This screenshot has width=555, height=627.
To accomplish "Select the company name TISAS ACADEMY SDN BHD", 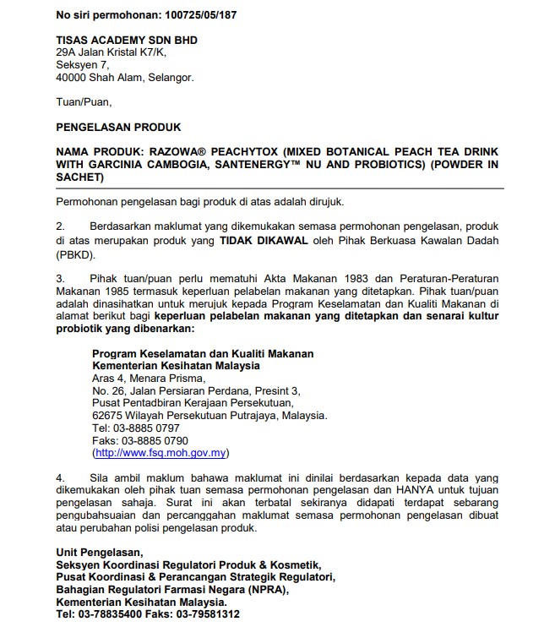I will coord(127,40).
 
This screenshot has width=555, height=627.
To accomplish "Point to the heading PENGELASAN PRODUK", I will coord(118,128).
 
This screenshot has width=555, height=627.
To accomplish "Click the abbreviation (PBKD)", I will coord(77,255).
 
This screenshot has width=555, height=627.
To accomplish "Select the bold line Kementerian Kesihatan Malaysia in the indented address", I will coord(177,366).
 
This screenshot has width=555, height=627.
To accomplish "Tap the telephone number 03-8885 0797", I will coord(154,428).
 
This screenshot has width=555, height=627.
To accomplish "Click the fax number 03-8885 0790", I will coord(161,441).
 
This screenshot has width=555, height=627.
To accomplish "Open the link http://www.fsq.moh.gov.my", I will coord(161,453).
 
